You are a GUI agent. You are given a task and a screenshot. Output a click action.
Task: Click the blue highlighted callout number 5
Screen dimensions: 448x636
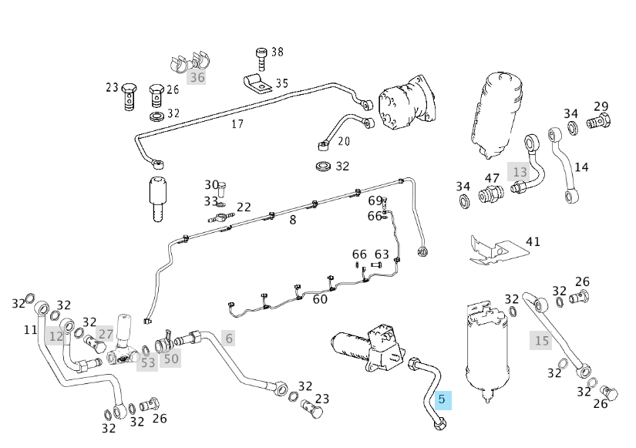point(442,399)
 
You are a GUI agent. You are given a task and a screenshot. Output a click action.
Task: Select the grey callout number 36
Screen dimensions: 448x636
point(197,77)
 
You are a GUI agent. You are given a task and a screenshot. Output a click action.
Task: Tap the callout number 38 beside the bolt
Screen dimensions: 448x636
point(278,52)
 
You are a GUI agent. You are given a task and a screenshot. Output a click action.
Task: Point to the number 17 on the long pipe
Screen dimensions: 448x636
point(237,123)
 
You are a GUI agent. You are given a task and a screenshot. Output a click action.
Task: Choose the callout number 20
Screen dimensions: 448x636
point(344,141)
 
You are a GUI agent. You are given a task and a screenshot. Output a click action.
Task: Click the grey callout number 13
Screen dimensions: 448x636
point(520,171)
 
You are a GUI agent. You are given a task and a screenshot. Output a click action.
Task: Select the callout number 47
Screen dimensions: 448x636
point(492,178)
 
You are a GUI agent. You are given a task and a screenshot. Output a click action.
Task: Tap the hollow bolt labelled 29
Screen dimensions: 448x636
point(600,121)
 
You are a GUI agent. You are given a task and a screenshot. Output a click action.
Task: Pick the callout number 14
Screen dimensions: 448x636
point(582,167)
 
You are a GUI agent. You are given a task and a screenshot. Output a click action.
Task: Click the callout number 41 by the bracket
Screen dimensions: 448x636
point(533,241)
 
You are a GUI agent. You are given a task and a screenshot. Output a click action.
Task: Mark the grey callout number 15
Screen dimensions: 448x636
point(542,339)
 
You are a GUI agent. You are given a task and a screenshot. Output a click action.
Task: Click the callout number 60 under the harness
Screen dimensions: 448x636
point(320,298)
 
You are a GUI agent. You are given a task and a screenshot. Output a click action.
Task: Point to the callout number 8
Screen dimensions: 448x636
point(292,220)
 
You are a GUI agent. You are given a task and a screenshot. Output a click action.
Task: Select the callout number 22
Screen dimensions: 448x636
point(244,207)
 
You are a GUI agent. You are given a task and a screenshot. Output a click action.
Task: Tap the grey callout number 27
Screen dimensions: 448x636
point(106,335)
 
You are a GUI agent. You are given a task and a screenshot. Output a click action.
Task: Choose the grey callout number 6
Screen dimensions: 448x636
point(228,338)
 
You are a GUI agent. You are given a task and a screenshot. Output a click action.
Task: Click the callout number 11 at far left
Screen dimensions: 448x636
point(30,330)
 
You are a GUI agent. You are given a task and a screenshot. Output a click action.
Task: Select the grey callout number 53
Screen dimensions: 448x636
point(147,362)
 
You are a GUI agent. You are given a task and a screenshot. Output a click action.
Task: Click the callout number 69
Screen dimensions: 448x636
point(375,201)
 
